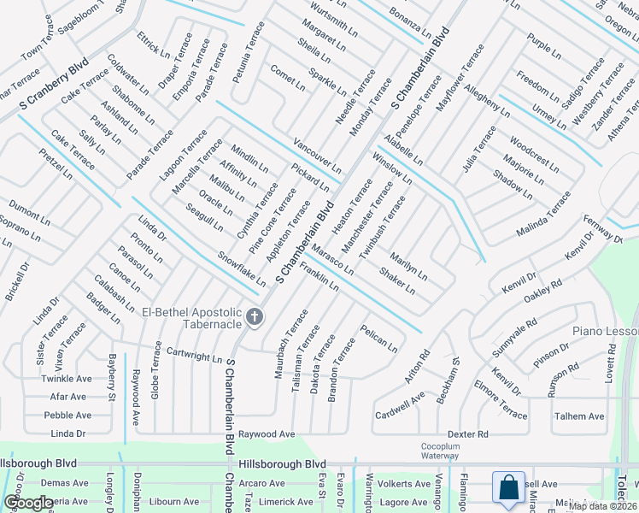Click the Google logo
tap(28, 502)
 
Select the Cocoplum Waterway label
tap(440, 451)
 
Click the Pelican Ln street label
tap(378, 339)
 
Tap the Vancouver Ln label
tap(317, 154)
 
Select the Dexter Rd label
tap(466, 434)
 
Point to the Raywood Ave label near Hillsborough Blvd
tap(266, 434)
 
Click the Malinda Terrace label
tap(543, 215)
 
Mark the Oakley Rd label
tap(542, 291)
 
